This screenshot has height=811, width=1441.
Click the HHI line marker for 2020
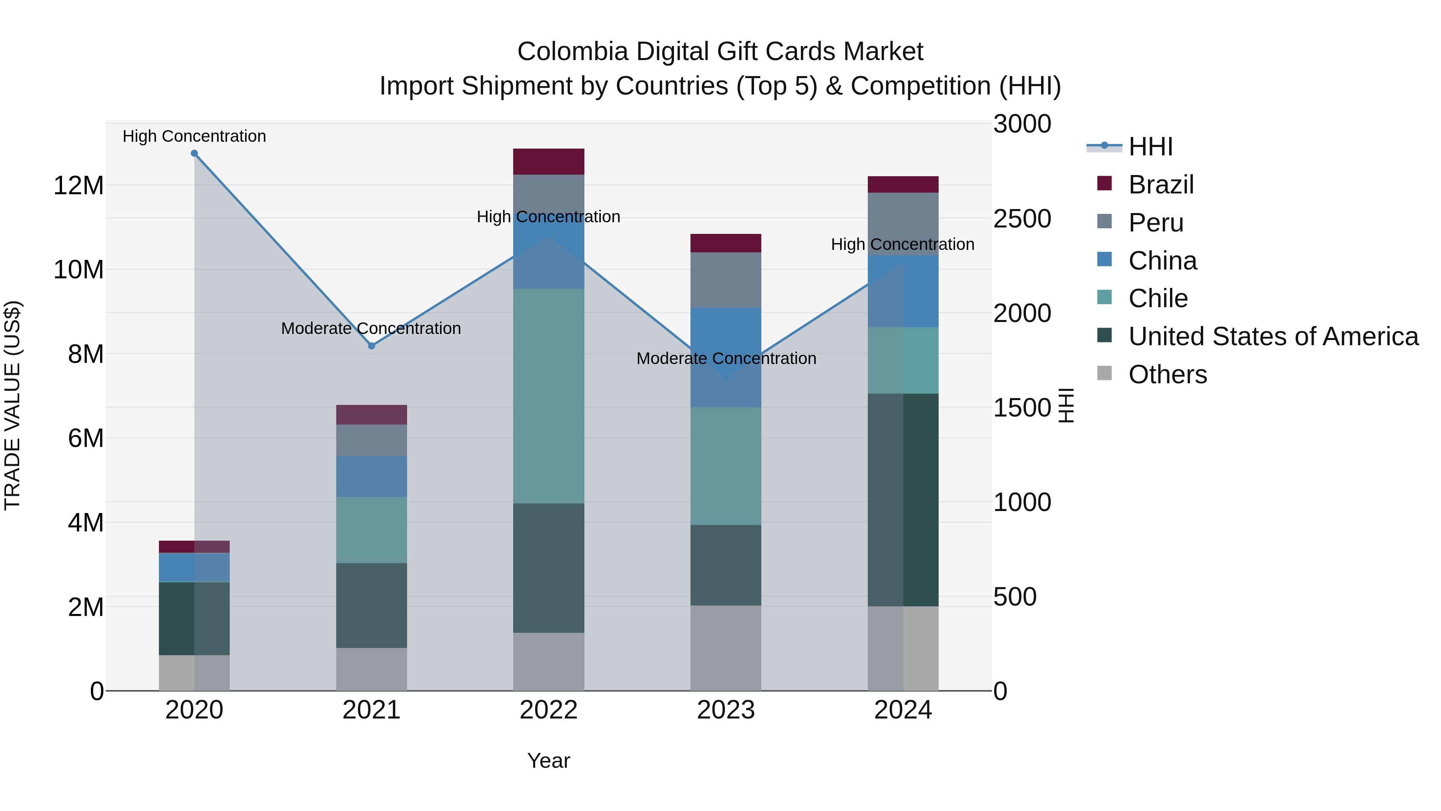point(194,153)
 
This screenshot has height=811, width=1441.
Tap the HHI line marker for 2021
point(371,346)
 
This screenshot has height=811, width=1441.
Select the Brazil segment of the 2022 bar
point(548,162)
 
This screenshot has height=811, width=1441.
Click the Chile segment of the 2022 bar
point(548,396)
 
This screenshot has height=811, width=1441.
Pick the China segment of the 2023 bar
point(726,357)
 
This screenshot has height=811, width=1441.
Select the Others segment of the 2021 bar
point(371,669)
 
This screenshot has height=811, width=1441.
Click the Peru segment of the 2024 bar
point(903,224)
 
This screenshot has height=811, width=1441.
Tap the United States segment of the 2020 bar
point(194,618)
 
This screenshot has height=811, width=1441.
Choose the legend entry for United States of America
point(1272,336)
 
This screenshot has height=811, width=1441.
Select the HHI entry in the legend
point(1150,147)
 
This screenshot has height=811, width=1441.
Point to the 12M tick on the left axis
point(78,185)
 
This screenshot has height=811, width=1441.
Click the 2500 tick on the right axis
point(1022,219)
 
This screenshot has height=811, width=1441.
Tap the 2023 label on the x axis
point(726,710)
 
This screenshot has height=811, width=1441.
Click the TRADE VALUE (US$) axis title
point(12,405)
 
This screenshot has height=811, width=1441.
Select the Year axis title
point(548,761)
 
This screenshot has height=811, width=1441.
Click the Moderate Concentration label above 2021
point(371,328)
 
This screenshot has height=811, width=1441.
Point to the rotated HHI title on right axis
point(1067,405)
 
